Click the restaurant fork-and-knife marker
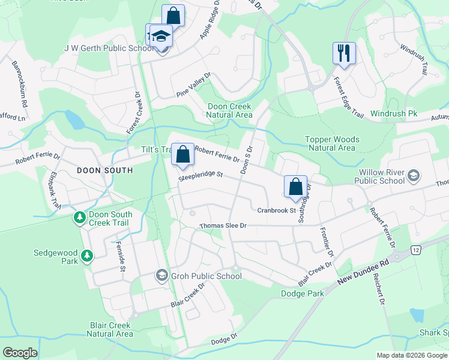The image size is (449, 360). point(344,53)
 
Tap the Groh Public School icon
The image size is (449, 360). point(161,275)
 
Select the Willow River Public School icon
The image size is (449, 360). point(412,175)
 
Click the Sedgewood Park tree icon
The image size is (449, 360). point(87,256)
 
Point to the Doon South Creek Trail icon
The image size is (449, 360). point(79,217)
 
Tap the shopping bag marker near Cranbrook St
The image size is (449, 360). point(295,187)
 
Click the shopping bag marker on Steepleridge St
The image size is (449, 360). point(183,154)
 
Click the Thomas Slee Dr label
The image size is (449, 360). point(223,226)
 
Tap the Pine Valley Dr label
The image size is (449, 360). point(194,85)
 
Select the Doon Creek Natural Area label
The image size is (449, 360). point(230,110)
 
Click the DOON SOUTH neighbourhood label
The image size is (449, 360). point(105,170)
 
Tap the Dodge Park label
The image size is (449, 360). point(303,293)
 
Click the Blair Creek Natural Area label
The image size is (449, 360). point(111,329)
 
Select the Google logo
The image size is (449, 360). point(20,353)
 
